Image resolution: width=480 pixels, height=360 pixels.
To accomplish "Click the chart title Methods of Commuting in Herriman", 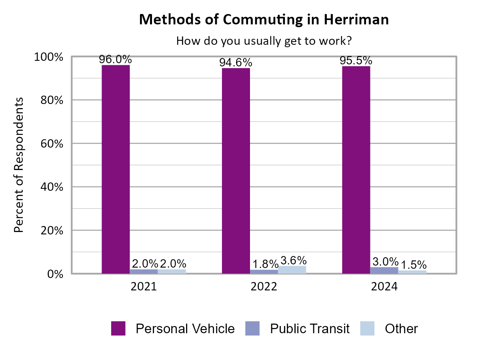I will (264, 20).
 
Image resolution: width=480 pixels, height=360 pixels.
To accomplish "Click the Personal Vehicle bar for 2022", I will (236, 170).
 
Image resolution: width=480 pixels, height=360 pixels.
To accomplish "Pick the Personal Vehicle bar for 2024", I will (356, 170).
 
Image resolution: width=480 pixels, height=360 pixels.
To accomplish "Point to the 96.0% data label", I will (116, 60).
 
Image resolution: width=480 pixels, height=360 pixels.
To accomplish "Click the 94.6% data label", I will (236, 63).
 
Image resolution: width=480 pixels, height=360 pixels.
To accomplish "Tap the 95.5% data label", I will (356, 61).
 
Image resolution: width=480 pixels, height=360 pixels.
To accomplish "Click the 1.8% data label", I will (265, 264).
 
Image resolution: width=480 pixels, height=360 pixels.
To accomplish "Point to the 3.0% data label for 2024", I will (385, 262).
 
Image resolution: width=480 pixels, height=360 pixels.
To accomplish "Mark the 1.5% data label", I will (413, 265).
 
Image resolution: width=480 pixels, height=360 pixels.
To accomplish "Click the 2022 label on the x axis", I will (264, 287).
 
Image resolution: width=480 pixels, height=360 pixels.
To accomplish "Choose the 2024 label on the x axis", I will (384, 287).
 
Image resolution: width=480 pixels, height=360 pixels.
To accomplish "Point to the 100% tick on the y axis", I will (50, 57).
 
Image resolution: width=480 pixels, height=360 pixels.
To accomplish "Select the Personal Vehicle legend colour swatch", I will (118, 328).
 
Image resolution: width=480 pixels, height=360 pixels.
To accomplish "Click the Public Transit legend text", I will (310, 328).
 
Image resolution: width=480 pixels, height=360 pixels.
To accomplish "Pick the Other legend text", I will (401, 328).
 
